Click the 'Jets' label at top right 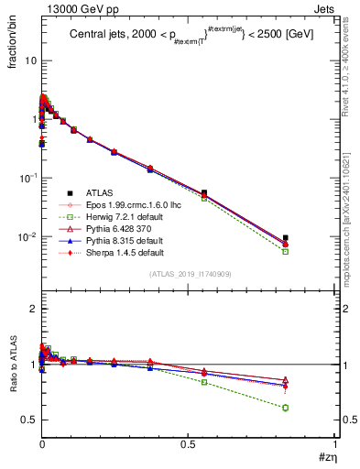pos(324,8)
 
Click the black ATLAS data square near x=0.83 pos(285,238)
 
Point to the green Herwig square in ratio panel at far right pos(285,408)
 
